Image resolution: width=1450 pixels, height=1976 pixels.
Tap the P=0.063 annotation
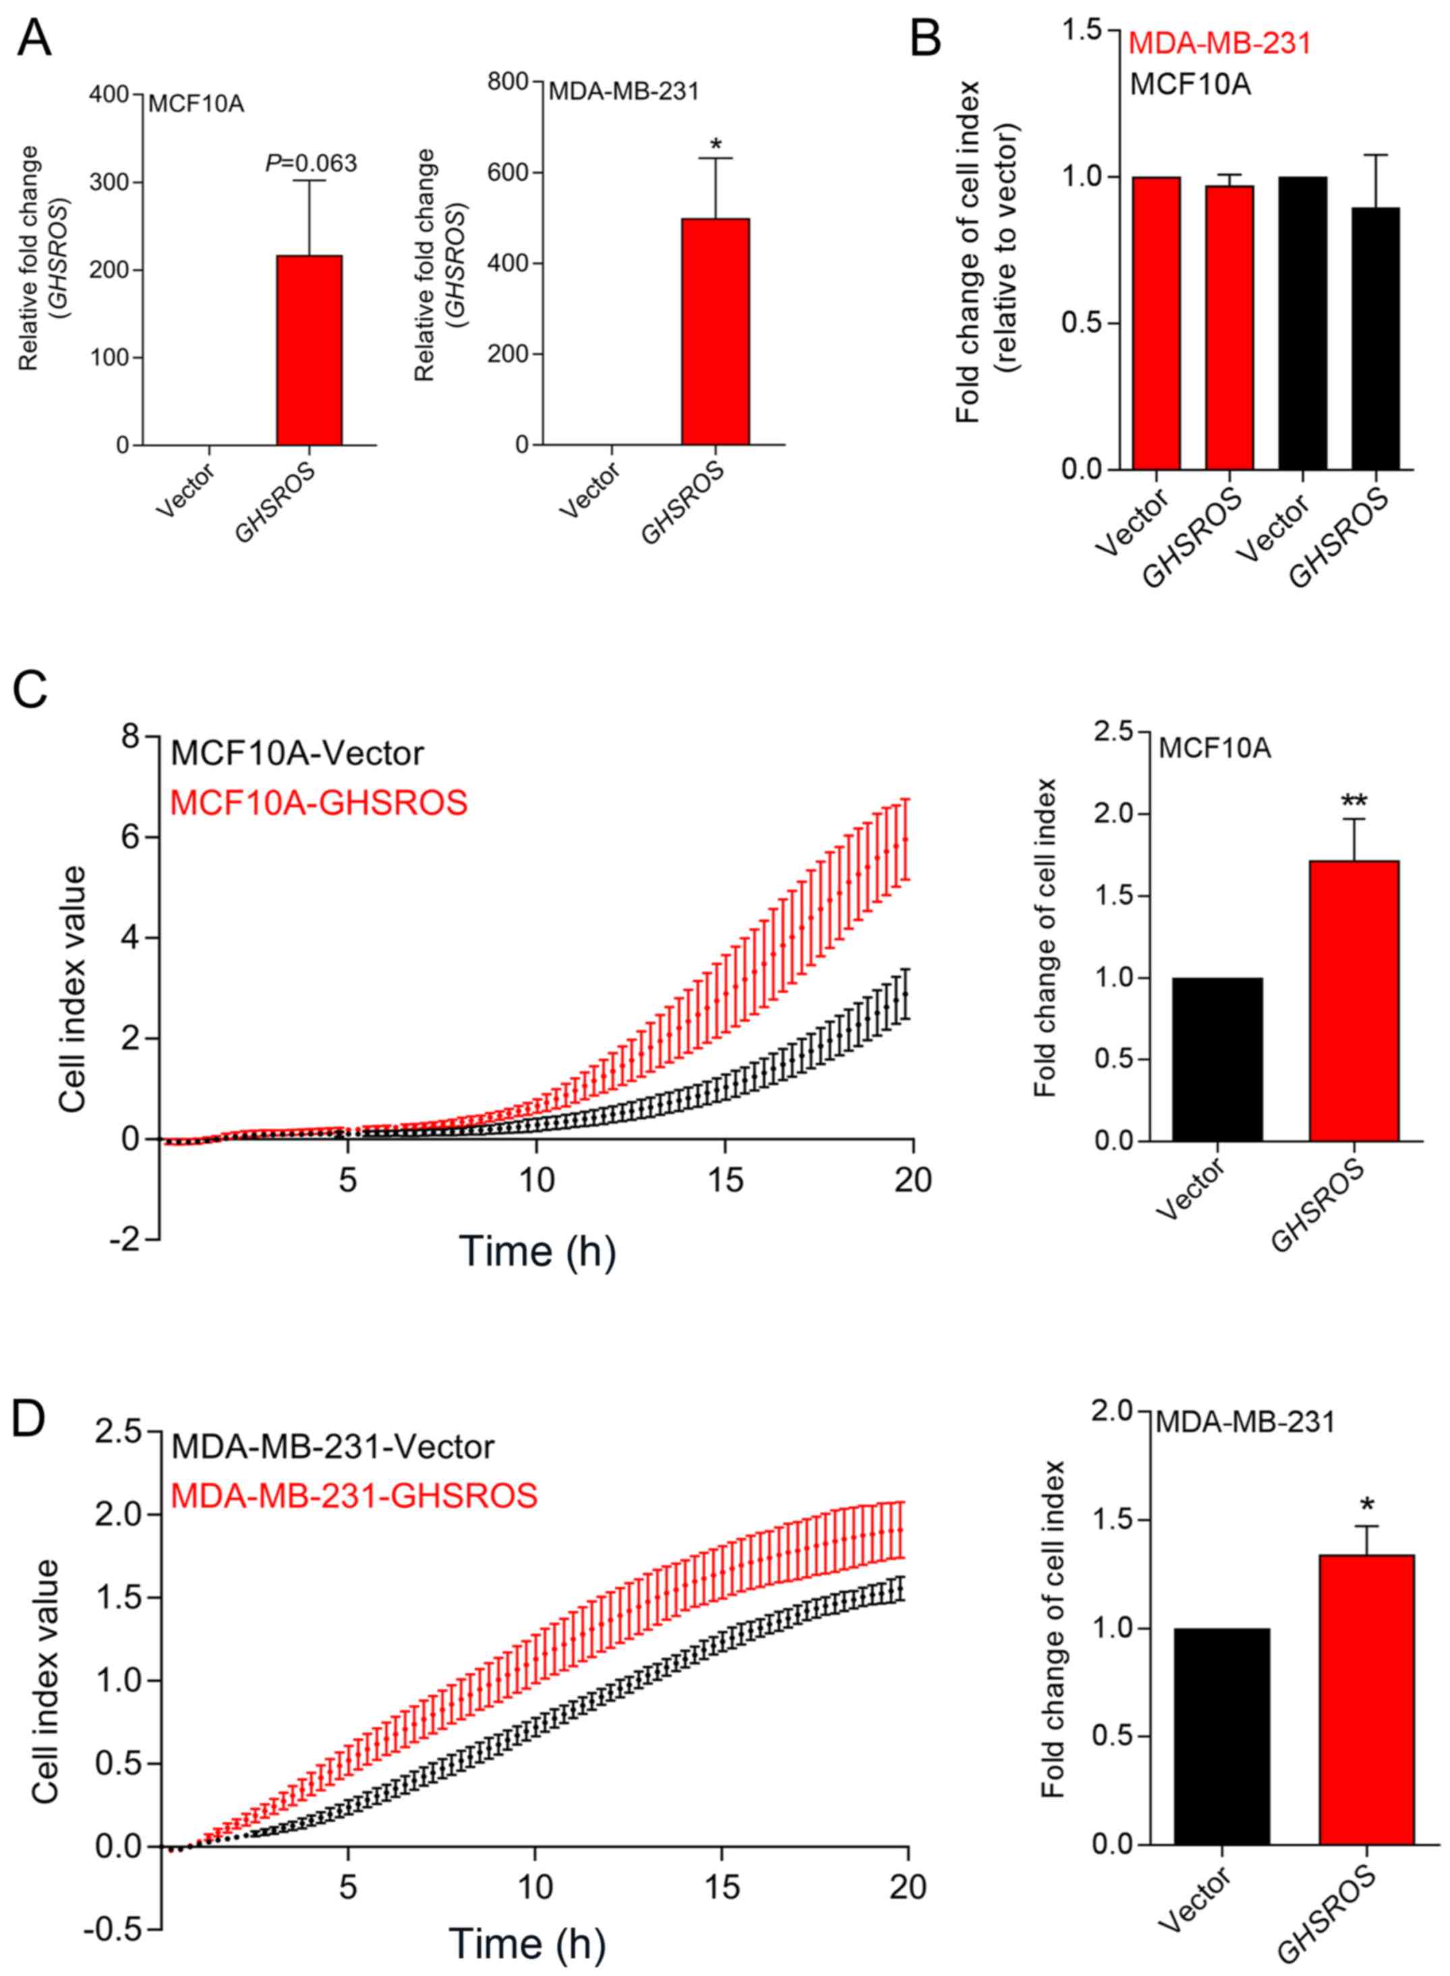(312, 163)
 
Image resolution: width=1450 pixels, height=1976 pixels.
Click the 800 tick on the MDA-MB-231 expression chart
(510, 82)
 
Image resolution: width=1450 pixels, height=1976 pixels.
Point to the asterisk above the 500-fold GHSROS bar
(716, 143)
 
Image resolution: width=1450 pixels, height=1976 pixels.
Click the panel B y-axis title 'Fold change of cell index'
(968, 250)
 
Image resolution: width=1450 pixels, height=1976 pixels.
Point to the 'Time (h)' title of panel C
(536, 1250)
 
